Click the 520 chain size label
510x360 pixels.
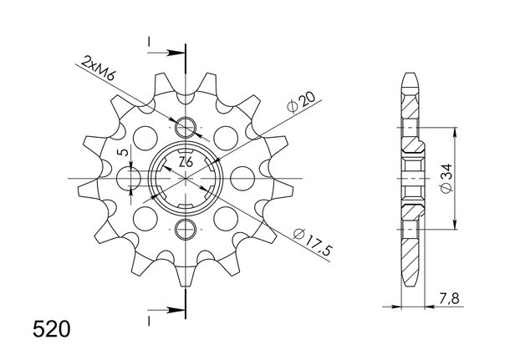tap(51, 329)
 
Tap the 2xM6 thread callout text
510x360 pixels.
tap(98, 68)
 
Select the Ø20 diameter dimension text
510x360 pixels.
tap(301, 101)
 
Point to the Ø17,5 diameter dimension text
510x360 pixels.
tap(313, 241)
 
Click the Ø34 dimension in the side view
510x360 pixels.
tap(446, 179)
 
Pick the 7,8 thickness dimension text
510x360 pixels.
tap(449, 298)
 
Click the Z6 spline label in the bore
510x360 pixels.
tap(186, 162)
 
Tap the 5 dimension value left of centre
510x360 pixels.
tap(123, 152)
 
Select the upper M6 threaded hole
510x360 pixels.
tap(186, 127)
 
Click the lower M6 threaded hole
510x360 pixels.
tap(186, 230)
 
